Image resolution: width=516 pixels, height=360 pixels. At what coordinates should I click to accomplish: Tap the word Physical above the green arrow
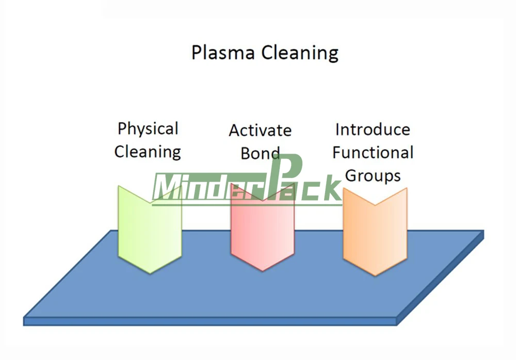(148, 129)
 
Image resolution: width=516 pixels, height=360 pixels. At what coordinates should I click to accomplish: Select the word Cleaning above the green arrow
(148, 152)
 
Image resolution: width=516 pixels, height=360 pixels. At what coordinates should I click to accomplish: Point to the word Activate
(260, 130)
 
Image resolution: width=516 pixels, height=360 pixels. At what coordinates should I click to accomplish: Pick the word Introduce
(373, 129)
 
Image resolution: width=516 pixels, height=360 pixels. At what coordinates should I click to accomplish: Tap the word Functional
(373, 152)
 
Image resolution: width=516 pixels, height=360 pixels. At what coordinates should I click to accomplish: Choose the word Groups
(373, 175)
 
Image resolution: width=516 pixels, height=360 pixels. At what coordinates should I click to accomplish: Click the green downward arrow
(150, 232)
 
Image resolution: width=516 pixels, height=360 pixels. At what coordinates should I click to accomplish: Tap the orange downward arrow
(375, 232)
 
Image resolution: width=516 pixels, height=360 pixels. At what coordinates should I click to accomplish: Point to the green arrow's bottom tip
(150, 273)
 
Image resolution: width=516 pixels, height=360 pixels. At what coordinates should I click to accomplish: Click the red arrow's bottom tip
(262, 270)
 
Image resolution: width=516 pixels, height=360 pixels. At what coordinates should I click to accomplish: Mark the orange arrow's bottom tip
(375, 274)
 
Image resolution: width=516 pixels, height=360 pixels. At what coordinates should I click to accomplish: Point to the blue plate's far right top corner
(483, 231)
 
